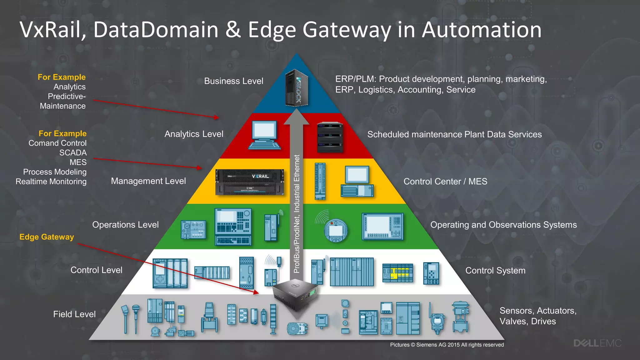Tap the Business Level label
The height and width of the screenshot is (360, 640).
(x=233, y=81)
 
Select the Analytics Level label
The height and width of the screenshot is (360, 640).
(x=194, y=134)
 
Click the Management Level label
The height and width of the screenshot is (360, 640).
(x=148, y=181)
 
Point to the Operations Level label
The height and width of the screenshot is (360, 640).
(x=125, y=225)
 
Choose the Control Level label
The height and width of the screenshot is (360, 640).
(x=96, y=270)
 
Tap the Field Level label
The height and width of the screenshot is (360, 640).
(x=74, y=314)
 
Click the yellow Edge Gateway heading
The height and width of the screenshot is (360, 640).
(x=47, y=237)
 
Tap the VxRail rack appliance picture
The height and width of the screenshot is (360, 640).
(x=250, y=182)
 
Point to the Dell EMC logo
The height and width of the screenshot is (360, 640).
(x=597, y=343)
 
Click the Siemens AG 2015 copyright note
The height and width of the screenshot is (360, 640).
(x=447, y=345)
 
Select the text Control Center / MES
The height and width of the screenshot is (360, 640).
(x=445, y=182)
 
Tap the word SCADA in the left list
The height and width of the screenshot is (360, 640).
(x=73, y=153)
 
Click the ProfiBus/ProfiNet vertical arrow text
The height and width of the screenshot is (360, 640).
(x=297, y=214)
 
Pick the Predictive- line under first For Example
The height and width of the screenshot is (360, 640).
(x=67, y=97)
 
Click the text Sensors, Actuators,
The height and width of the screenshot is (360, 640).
(x=538, y=311)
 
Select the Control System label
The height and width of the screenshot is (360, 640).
(x=495, y=271)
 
